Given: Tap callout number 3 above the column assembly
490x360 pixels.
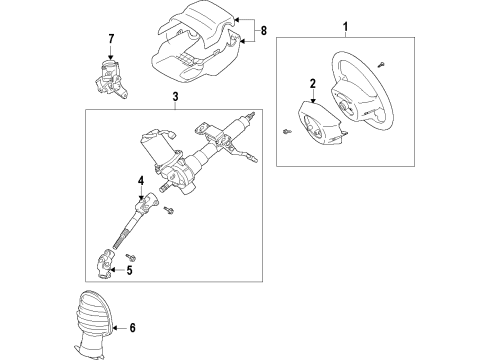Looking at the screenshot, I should (x=176, y=99).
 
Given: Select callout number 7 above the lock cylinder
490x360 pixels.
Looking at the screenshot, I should (x=111, y=40).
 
